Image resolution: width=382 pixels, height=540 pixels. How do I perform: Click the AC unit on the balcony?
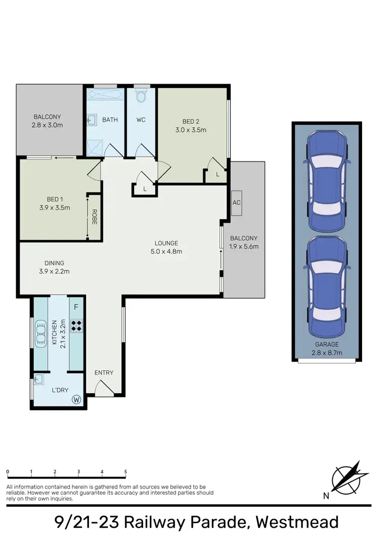pos(236,203)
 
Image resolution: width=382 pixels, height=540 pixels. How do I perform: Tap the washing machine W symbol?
pos(77,400)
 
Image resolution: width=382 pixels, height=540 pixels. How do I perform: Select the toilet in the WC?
pos(142,96)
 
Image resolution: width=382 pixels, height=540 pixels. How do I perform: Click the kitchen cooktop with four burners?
pos(76,325)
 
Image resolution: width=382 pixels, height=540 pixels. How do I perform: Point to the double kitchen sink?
pos(40,333)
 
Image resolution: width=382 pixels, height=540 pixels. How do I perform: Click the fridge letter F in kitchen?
pos(76,307)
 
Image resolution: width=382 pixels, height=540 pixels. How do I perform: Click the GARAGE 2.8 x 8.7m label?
pos(326,348)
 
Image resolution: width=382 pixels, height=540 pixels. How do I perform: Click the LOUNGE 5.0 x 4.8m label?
pos(167,247)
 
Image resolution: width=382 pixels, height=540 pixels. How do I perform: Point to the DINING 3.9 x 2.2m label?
pos(54,267)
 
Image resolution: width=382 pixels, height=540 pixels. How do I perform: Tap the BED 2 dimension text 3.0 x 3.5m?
pos(190,130)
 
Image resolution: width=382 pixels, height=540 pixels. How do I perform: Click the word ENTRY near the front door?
pos(104,373)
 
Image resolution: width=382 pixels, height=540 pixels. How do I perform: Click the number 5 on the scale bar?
pos(125,472)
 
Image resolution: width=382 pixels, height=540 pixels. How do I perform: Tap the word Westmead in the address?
pos(297,522)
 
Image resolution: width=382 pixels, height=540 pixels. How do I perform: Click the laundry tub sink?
pos(39,379)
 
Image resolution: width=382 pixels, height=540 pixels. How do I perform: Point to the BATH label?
pos(110,120)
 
